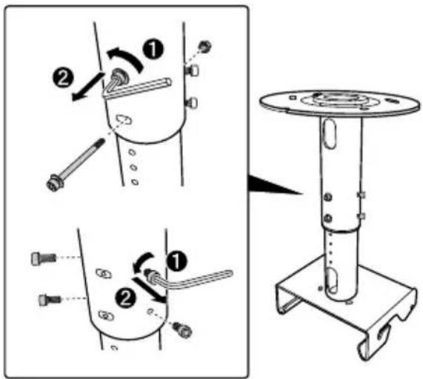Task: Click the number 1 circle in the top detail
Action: pos(153,50)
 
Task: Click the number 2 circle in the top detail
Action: pos(63,78)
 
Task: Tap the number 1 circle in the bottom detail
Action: pos(176,261)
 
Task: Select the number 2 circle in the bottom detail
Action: pos(125,298)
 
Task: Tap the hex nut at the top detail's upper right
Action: pos(204,47)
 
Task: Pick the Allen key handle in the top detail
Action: pos(138,87)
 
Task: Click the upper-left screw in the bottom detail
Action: pos(44,258)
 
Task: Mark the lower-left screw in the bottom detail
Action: pos(50,300)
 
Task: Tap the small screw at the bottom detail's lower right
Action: pos(183,329)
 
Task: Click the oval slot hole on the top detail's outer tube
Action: pos(124,119)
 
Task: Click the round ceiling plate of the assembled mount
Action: pos(339,103)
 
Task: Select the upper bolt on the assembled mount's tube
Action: pos(327,197)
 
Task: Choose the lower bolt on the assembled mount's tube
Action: pos(327,218)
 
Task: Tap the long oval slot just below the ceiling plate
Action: pos(329,134)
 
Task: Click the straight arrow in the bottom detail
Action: pos(149,290)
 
